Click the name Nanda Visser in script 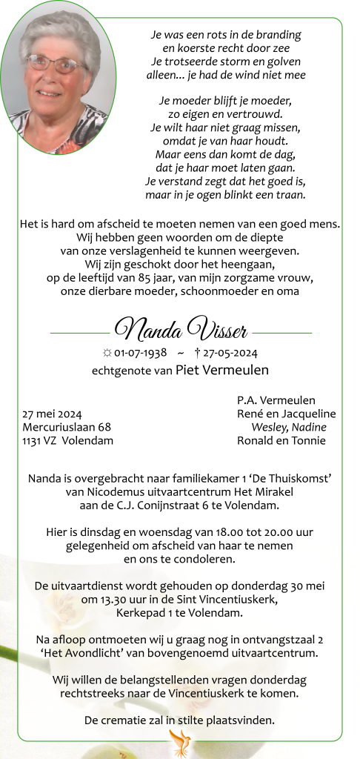[x=181, y=328]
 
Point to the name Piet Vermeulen [x=222, y=370]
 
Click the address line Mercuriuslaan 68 [x=67, y=427]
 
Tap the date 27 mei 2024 [x=52, y=414]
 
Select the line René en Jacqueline [x=286, y=414]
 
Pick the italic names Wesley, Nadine [x=289, y=427]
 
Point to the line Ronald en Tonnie [x=281, y=440]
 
